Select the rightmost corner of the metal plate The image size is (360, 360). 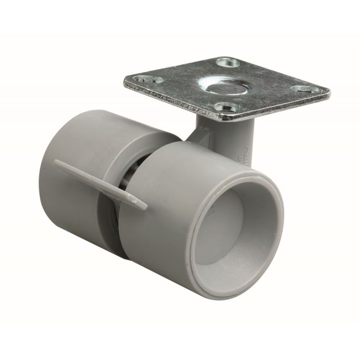[x=329, y=92]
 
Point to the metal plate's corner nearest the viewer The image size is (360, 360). [x=221, y=121]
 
